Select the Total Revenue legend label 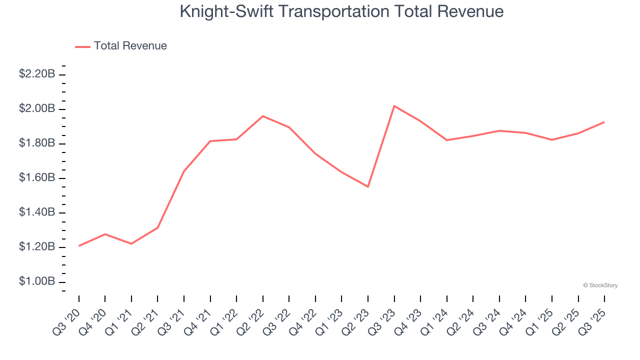coord(130,46)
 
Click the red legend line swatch coord(82,46)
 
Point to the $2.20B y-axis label coord(37,74)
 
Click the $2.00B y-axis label coord(37,109)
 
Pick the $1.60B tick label coord(37,178)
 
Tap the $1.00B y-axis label coord(37,281)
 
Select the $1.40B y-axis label coord(37,212)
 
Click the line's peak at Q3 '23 coord(394,106)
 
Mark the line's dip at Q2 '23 coord(368,186)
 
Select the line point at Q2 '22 coord(263,116)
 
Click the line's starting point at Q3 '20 coord(79,245)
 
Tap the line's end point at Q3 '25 coord(604,122)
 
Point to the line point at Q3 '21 coord(184,171)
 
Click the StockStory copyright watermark coord(600,285)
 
